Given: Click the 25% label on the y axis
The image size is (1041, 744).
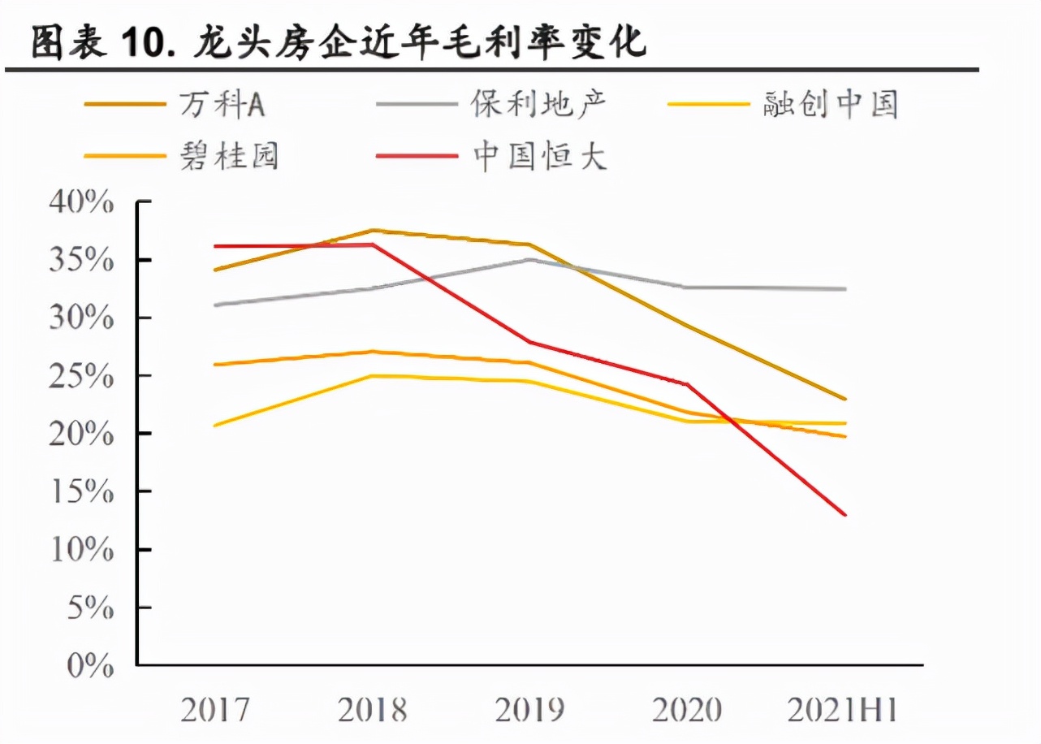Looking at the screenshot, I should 81,377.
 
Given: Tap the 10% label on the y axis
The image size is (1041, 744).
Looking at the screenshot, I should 81,551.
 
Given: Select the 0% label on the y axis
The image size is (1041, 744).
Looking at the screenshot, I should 89,667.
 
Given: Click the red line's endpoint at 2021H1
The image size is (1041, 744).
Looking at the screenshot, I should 845,514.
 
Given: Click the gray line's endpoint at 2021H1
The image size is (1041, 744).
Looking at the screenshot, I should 845,289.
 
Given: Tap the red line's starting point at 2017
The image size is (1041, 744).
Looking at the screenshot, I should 214,246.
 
